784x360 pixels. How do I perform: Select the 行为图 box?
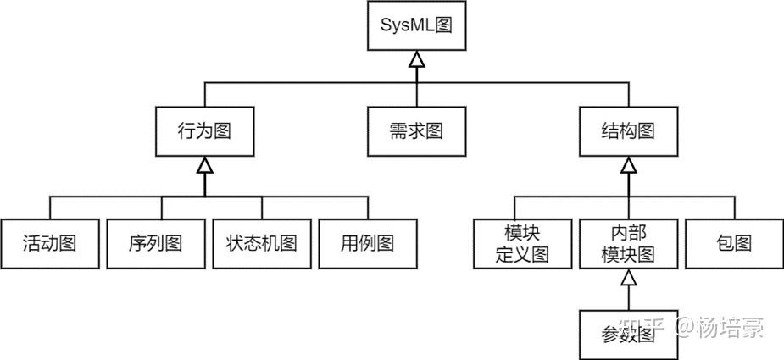coord(204,131)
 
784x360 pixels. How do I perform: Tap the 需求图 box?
coord(416,131)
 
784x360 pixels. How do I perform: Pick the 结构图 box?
coord(627,131)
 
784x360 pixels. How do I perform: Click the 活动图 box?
coord(49,244)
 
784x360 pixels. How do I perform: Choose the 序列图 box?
coord(155,244)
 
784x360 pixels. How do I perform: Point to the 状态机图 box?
coord(261,244)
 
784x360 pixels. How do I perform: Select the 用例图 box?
coord(367,244)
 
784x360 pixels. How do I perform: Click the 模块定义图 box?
coord(522,244)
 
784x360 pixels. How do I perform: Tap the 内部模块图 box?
coord(627,244)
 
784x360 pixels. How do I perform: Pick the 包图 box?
coord(734,244)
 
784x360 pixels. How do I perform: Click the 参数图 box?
coord(627,335)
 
